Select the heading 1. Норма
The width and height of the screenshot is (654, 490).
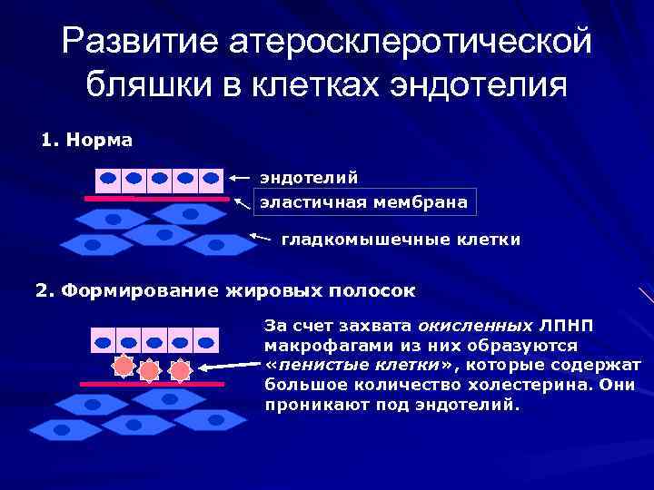click(87, 141)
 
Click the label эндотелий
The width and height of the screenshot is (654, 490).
click(309, 177)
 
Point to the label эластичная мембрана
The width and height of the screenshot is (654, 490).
click(364, 201)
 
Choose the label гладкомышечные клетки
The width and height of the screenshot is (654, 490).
click(401, 240)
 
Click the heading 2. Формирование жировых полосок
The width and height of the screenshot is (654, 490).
click(224, 291)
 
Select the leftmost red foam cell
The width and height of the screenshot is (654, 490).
click(121, 367)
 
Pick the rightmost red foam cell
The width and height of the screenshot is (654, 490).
click(181, 369)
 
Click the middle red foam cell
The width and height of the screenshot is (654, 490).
click(150, 371)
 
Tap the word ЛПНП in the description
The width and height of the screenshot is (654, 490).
click(563, 324)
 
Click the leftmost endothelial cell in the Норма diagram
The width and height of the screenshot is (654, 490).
click(109, 177)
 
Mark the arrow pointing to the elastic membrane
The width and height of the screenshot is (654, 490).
click(241, 203)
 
